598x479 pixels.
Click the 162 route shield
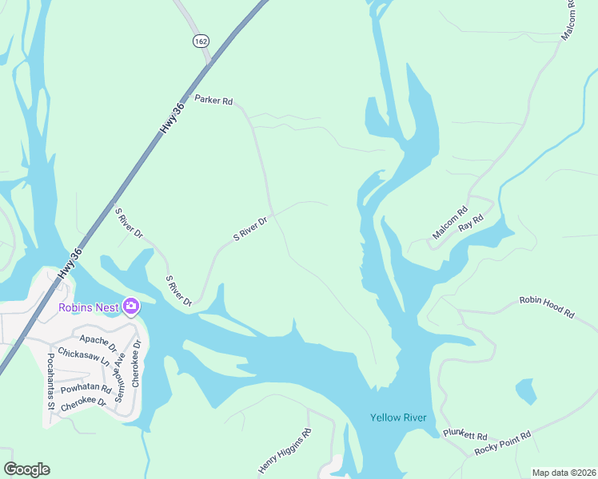tap(200, 39)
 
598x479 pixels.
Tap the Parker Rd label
tap(213, 101)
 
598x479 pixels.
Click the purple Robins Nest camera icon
tap(130, 307)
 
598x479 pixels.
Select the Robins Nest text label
tap(88, 307)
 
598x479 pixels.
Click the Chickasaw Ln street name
tap(83, 357)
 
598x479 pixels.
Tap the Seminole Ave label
tap(120, 371)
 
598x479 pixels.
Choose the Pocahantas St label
tap(50, 381)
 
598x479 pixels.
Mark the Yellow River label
tap(398, 418)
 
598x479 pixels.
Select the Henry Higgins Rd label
tap(285, 451)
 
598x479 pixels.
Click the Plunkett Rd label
tap(465, 436)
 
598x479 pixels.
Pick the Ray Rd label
tap(476, 223)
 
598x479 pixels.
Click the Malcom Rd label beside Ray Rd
tap(449, 224)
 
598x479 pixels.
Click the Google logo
tap(27, 469)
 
